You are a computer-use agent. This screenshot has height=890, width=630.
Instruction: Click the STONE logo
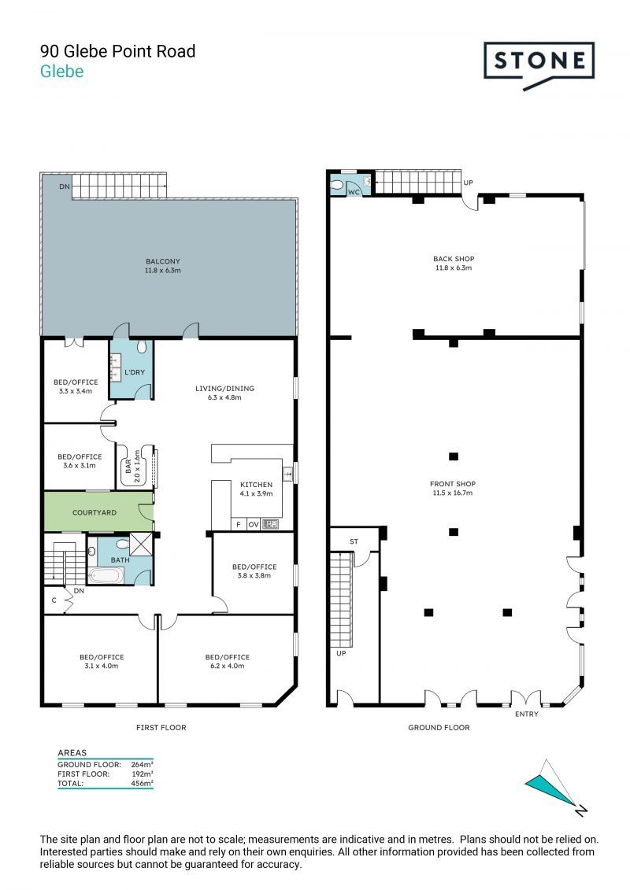point(539,64)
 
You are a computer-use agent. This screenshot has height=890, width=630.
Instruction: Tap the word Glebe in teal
point(62,72)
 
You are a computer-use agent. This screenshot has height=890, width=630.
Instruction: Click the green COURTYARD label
point(94,512)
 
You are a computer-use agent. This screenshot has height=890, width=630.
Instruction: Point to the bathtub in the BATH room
point(106,575)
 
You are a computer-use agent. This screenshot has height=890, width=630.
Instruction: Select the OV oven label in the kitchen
point(254,524)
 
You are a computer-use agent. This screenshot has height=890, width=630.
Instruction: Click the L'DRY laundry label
point(135,372)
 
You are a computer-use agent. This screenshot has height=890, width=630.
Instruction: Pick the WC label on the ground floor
point(354,193)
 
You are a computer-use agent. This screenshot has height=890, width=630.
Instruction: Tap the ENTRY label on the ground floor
point(527,714)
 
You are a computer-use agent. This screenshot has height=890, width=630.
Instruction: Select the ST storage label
point(354,541)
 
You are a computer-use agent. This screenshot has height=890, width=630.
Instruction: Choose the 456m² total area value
point(142,783)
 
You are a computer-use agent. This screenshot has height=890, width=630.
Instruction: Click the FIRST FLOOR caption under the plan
point(161,728)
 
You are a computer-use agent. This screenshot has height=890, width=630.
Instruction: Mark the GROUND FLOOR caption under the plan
point(439,728)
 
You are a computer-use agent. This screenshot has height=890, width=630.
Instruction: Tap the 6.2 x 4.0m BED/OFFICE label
point(228,662)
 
